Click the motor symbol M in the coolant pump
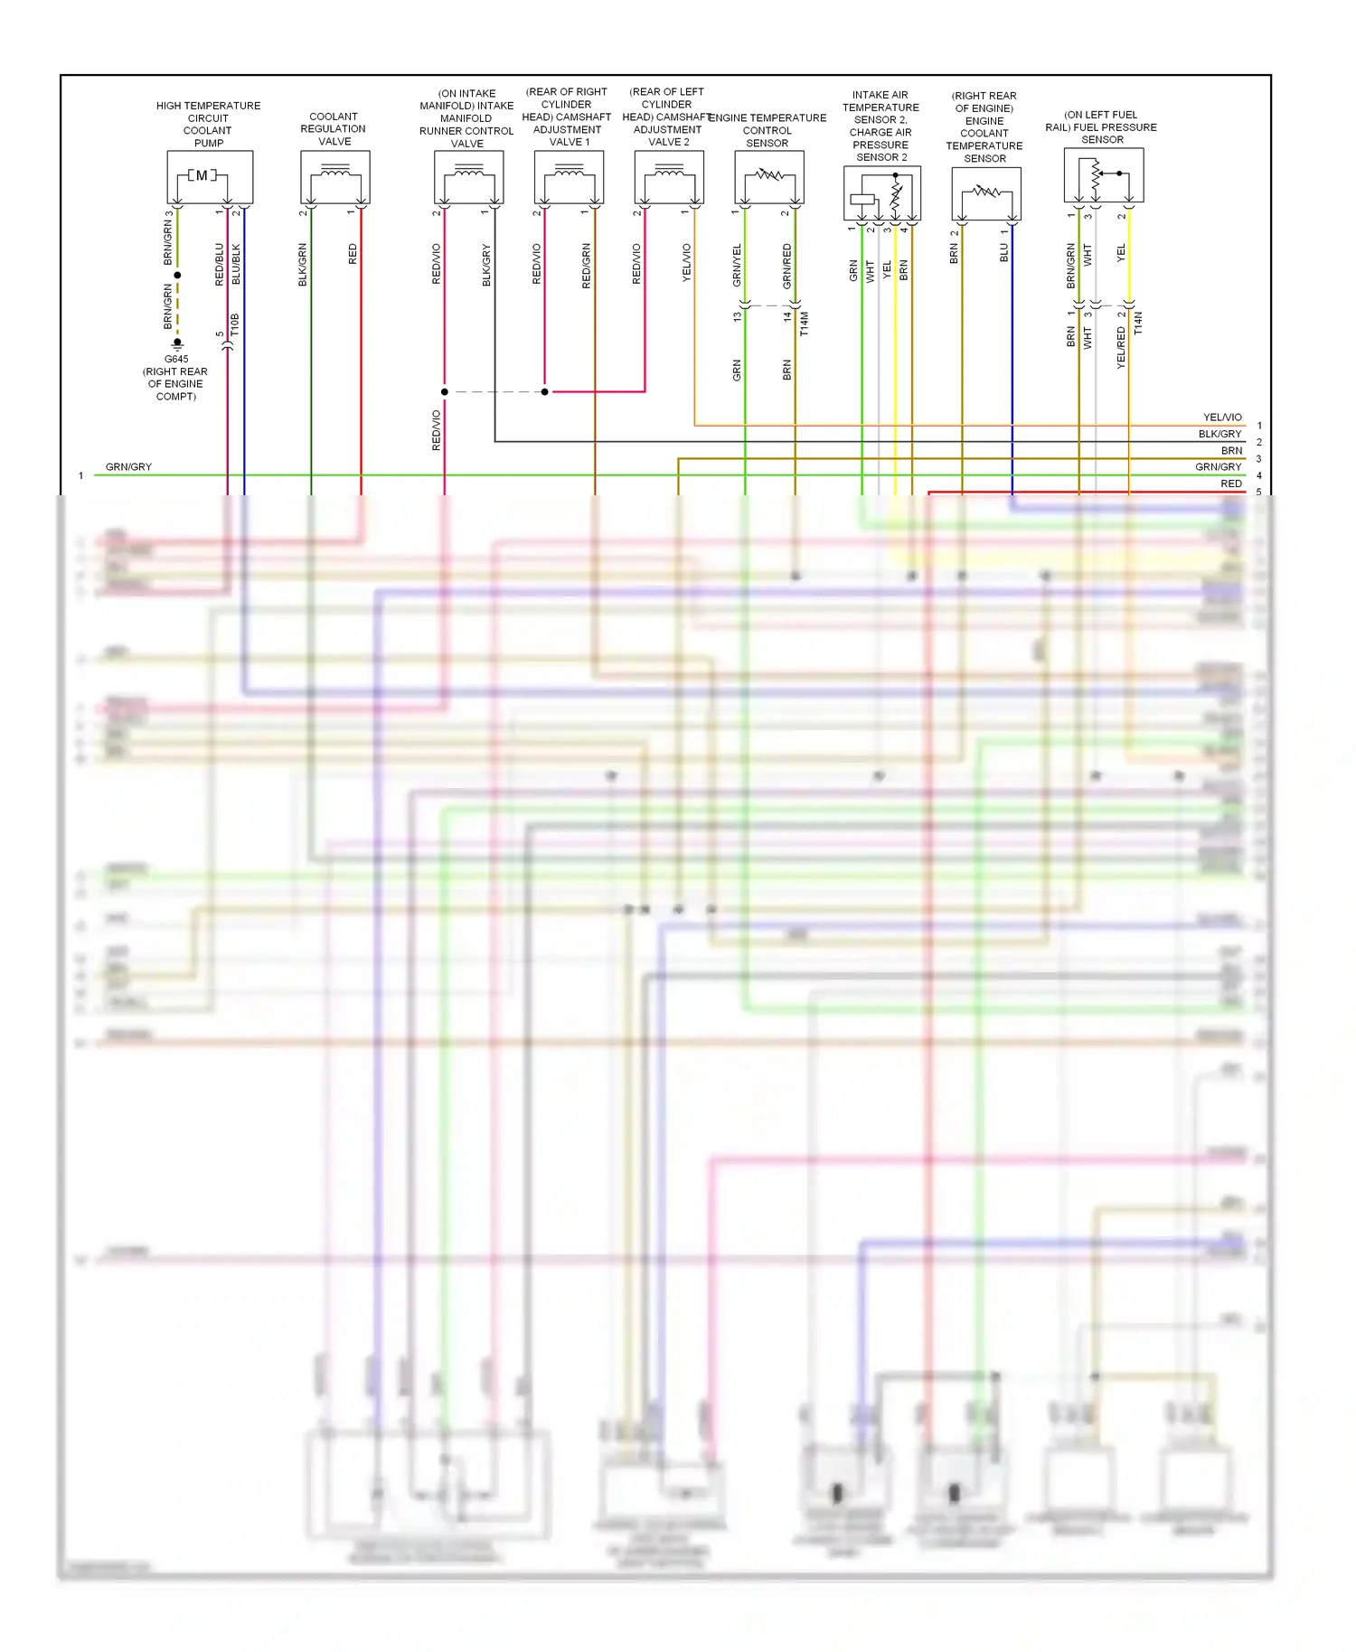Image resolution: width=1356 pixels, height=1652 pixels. tap(202, 175)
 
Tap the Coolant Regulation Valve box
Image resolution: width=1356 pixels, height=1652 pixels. tap(334, 177)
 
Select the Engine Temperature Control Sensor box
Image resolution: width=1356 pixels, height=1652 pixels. tap(769, 177)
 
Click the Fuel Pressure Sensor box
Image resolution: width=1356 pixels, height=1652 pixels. tap(1104, 175)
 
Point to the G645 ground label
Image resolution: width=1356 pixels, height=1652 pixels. tap(176, 359)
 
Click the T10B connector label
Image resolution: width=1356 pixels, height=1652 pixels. tap(235, 325)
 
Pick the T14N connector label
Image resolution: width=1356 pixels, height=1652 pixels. tap(1138, 324)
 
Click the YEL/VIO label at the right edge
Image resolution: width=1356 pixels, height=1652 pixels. tap(1222, 418)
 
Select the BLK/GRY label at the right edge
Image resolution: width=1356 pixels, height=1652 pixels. tap(1219, 434)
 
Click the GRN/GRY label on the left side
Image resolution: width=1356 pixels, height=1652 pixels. tap(128, 467)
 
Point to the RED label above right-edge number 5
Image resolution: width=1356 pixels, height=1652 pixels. tap(1231, 483)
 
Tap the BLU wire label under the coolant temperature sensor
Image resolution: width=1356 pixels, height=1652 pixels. tap(1003, 253)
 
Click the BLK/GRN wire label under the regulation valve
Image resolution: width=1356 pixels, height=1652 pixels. tap(303, 265)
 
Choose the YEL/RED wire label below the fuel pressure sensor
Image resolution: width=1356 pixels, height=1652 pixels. tap(1121, 348)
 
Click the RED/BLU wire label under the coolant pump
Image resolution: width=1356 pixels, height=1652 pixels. tap(220, 265)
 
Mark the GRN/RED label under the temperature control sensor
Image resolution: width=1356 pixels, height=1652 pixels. tap(786, 267)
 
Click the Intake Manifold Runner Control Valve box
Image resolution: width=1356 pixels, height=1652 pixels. tap(468, 177)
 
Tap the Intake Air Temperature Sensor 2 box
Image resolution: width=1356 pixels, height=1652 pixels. tap(882, 193)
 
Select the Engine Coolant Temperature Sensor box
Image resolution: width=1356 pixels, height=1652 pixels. tap(986, 193)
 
